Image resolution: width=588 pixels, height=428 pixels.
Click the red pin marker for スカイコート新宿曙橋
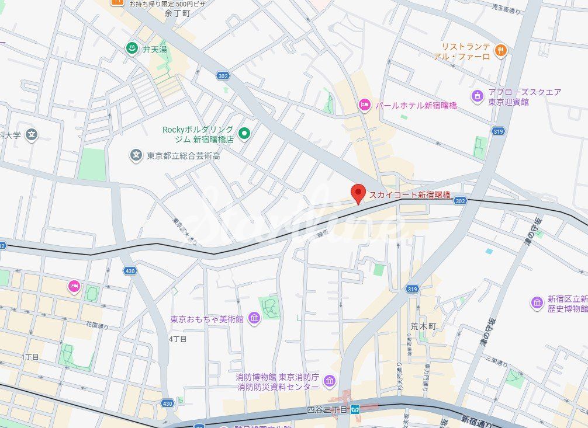358,193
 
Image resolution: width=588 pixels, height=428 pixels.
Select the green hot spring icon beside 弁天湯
132,49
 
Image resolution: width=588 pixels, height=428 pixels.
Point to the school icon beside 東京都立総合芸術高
136,155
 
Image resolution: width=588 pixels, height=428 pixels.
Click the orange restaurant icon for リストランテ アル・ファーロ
500,51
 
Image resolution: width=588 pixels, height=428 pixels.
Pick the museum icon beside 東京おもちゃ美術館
254,318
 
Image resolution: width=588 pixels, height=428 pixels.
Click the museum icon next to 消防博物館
329,381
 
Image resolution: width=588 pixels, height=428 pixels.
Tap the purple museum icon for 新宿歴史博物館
537,302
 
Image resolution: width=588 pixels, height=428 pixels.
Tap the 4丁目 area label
178,339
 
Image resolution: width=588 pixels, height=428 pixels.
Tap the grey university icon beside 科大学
32,135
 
